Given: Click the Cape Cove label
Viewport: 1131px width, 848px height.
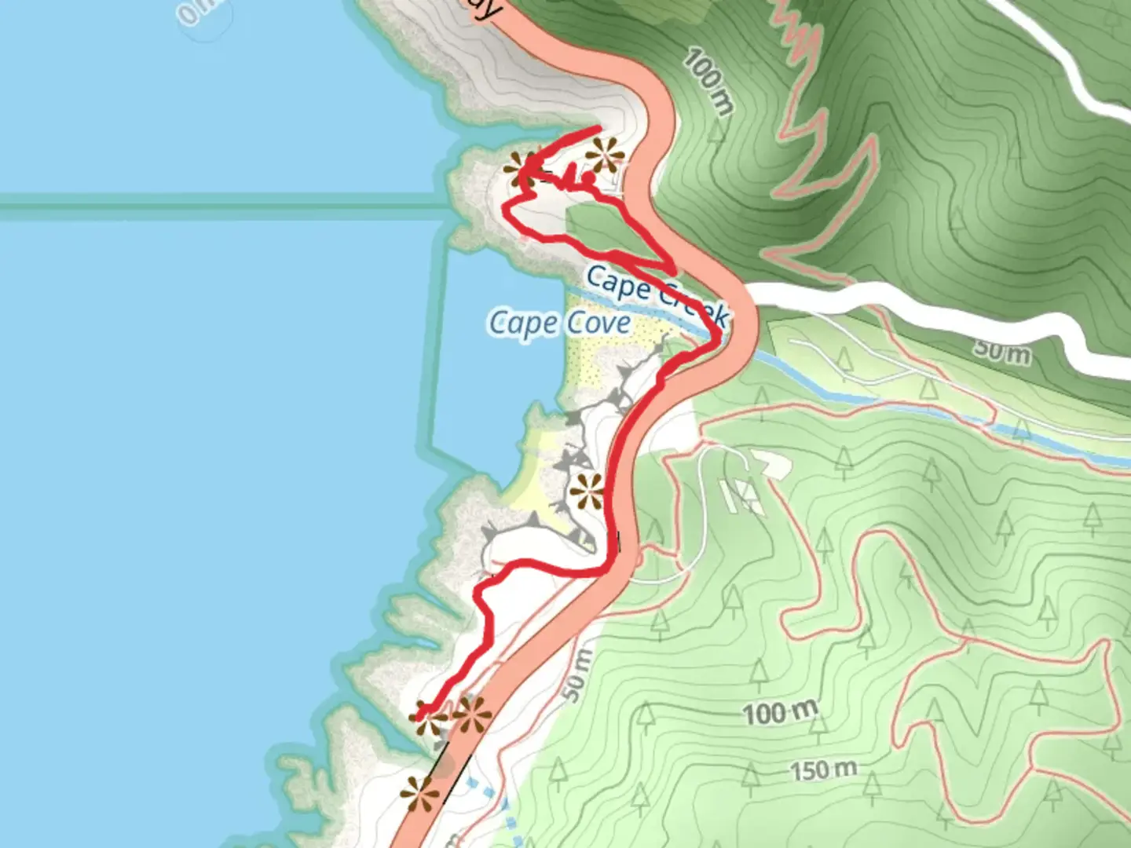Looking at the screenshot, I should (x=559, y=323).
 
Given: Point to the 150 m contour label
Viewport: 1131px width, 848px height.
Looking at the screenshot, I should (x=822, y=769).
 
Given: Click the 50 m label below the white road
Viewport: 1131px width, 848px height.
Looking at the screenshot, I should (x=1002, y=350).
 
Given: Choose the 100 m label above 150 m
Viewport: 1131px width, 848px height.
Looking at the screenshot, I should (x=780, y=713).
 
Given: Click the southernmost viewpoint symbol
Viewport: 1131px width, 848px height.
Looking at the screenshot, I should (x=420, y=794).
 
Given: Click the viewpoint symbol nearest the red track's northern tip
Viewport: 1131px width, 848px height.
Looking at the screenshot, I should (x=605, y=155).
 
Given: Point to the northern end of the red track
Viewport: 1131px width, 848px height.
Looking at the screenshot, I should (x=598, y=128).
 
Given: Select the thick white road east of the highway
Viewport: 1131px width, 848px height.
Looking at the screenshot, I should (x=903, y=310).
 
